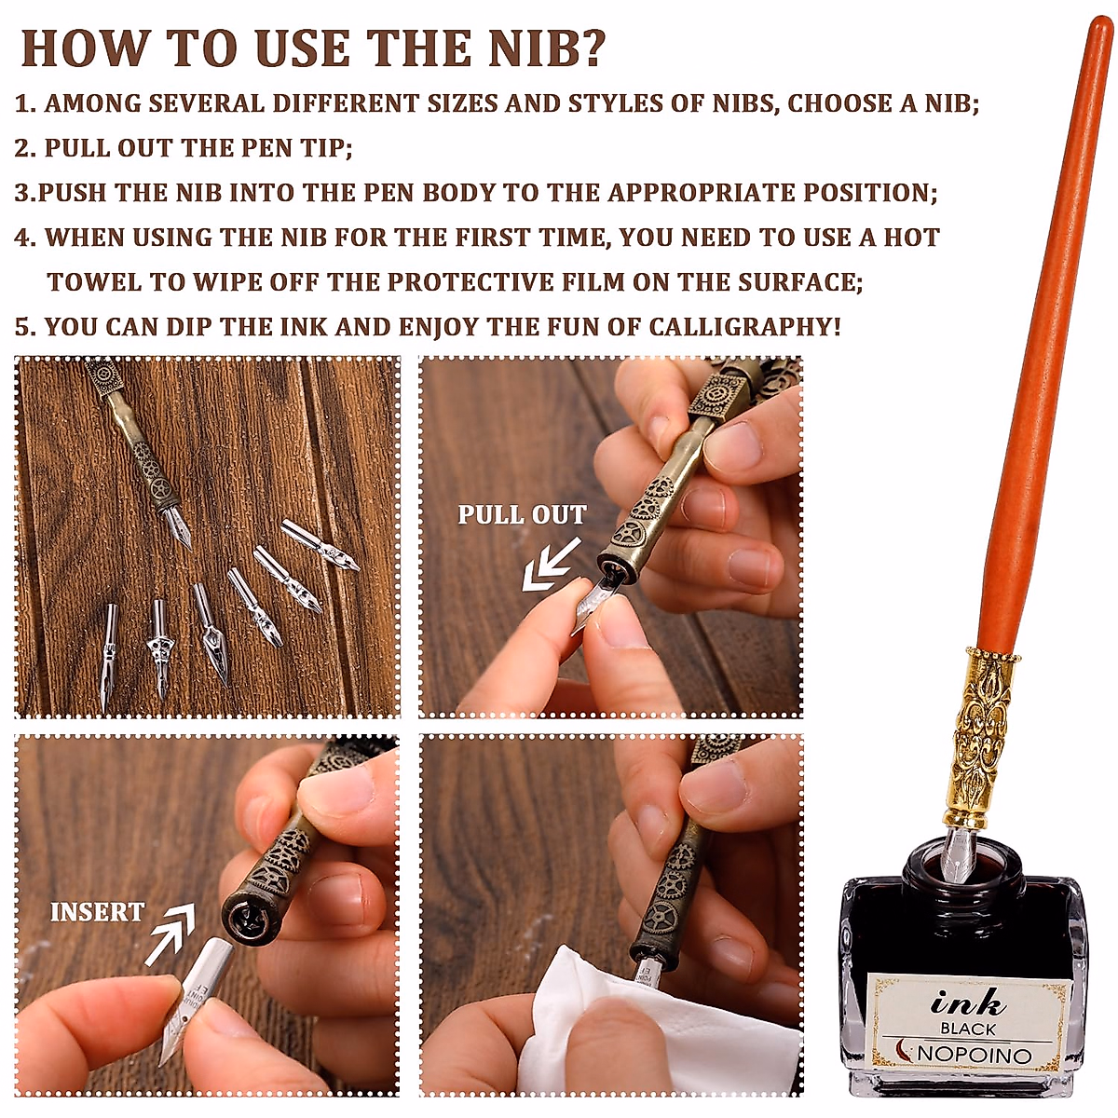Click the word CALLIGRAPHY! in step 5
pyautogui.click(x=744, y=327)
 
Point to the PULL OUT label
pyautogui.click(x=522, y=514)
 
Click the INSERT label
pyautogui.click(x=98, y=912)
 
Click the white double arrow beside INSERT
pyautogui.click(x=169, y=935)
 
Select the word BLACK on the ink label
pyautogui.click(x=967, y=1029)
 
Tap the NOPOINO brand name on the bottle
pyautogui.click(x=975, y=1055)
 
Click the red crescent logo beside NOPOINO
pyautogui.click(x=905, y=1051)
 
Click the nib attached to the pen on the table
pyautogui.click(x=176, y=526)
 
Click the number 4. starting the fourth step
pyautogui.click(x=25, y=238)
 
